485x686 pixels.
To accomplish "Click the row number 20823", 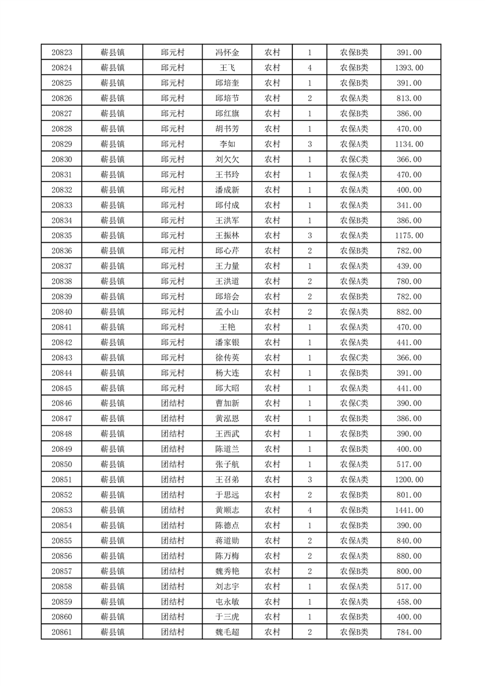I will (62, 53).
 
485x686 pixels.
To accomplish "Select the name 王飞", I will (228, 68).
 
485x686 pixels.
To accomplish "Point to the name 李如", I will (228, 144).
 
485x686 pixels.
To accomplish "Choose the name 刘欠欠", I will (228, 160).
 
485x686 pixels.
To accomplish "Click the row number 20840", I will (62, 312).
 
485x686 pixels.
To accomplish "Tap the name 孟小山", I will (228, 312).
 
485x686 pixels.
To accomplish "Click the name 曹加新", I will (228, 404).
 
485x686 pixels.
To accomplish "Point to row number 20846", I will (62, 404).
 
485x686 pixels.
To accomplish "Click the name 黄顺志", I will (228, 510).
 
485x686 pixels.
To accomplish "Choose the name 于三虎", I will (228, 617).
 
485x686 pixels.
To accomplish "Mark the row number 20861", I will (62, 632).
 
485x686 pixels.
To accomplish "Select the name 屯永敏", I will (228, 602).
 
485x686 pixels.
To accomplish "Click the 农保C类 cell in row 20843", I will (354, 358).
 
